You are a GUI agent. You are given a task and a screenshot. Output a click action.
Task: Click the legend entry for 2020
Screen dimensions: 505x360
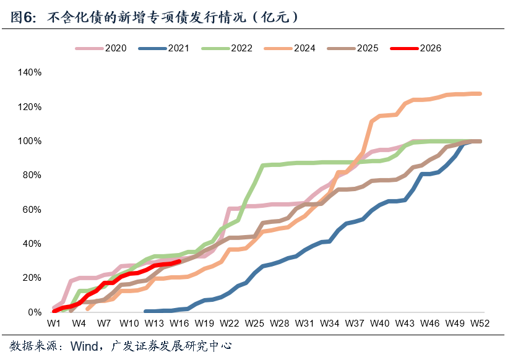(101, 48)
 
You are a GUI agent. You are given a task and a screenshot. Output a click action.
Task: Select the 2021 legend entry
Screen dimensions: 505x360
(163, 48)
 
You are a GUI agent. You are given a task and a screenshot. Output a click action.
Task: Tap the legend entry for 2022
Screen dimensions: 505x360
(227, 48)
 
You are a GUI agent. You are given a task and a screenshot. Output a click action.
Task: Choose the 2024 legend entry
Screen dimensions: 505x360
(290, 48)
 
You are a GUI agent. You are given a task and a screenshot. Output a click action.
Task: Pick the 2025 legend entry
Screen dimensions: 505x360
(353, 48)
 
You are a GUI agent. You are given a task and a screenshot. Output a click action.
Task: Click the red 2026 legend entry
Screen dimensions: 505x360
(415, 48)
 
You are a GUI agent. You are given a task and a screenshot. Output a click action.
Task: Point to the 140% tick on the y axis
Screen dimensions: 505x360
(30, 72)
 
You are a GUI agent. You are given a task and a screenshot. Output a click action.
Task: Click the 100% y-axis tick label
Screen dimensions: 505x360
(30, 141)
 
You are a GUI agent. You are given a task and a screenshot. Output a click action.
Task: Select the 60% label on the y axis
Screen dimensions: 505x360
(32, 210)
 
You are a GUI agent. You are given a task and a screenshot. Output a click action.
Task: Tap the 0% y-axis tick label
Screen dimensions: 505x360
(35, 312)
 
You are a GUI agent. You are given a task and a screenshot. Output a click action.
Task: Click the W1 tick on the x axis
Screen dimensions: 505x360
(54, 324)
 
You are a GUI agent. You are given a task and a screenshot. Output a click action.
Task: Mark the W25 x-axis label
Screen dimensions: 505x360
(254, 324)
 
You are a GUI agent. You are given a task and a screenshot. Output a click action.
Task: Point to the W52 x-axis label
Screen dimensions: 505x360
(480, 324)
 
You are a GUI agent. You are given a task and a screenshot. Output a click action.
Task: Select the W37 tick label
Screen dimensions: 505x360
(355, 324)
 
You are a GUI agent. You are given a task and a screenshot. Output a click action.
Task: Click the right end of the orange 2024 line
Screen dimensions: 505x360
(480, 93)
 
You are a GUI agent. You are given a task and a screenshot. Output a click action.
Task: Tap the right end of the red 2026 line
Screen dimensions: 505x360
(179, 262)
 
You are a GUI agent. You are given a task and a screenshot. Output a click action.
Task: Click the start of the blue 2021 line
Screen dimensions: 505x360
(145, 311)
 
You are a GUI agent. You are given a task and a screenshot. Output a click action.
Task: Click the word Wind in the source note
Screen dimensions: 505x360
(84, 346)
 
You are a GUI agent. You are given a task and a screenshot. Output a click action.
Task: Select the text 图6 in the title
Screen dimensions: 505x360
(22, 17)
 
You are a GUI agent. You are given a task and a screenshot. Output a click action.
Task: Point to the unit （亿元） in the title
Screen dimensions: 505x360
(275, 17)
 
